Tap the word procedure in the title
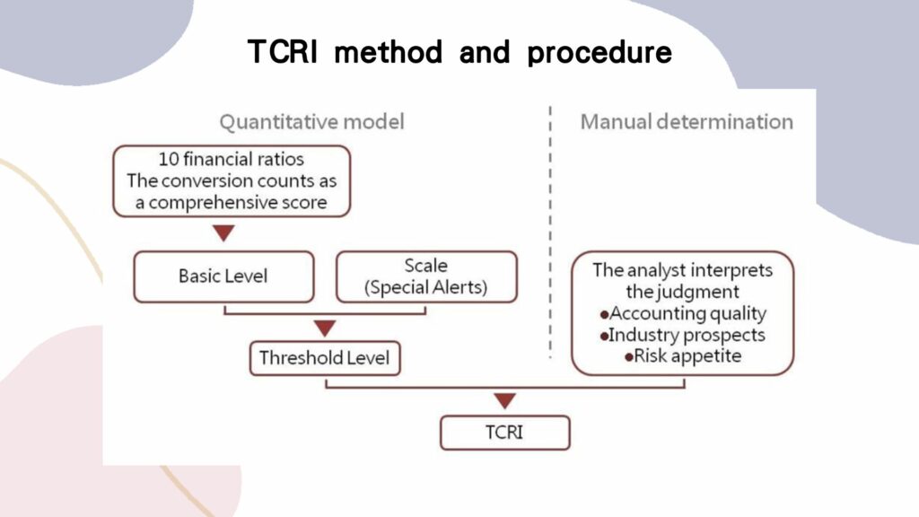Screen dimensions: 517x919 [600, 52]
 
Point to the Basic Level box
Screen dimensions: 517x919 [223, 276]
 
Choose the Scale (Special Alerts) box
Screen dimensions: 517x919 [426, 276]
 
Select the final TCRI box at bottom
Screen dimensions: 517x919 [505, 432]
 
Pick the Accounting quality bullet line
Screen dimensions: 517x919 [683, 313]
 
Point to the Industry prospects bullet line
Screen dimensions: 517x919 [683, 335]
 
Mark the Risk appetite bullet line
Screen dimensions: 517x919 [683, 355]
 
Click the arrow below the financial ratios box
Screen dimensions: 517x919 [223, 233]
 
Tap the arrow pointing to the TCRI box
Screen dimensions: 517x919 [505, 401]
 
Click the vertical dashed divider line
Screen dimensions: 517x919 [550, 233]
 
